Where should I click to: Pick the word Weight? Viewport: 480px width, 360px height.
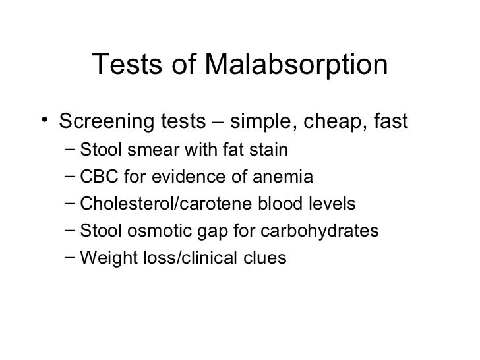point(102,258)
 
